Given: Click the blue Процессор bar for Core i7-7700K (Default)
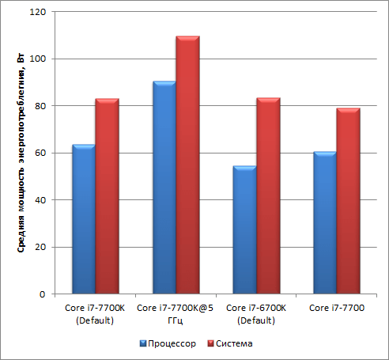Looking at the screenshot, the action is pos(84,219).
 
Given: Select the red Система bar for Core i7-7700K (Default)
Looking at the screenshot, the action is pos(107,196).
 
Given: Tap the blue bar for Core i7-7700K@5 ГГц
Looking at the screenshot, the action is pos(164,188).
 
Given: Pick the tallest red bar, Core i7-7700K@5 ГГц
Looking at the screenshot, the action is pos(187,165).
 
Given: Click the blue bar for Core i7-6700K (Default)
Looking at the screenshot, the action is pos(245,229).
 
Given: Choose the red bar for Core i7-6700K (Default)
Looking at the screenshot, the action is pos(268,195).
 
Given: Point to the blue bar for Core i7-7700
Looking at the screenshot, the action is pos(325,223).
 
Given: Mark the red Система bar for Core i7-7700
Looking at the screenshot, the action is pos(349,201).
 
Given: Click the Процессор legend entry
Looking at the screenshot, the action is pos(168,343).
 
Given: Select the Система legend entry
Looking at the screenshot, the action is pos(230,343).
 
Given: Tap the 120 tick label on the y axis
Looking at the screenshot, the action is pos(38,12).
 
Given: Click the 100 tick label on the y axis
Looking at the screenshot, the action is pos(38,59).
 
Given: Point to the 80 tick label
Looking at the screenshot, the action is pos(40,106).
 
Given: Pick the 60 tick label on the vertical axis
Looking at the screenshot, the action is pos(40,153).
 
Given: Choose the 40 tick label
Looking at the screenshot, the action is pos(40,200).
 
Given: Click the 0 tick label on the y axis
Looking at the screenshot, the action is pos(43,294).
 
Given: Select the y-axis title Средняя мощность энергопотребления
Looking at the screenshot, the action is pos(21,153).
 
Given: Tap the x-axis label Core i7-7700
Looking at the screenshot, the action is pos(337,308).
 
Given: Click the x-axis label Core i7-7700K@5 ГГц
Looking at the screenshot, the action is pos(175,314).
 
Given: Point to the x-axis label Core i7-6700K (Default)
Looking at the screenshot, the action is pos(256,314).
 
